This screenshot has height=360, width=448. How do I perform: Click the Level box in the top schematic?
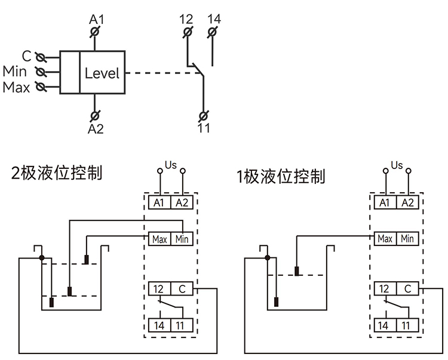102,73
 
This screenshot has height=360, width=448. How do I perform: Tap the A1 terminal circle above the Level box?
94,32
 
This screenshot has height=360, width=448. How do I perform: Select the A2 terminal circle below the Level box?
94,115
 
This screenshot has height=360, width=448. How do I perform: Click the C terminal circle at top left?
41,57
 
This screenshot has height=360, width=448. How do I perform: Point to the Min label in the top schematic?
14,72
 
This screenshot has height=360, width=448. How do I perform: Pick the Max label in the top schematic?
16,88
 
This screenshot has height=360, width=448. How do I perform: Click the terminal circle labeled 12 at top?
187,31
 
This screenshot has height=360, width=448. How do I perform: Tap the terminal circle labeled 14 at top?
213,31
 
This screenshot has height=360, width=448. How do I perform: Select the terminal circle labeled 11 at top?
203,115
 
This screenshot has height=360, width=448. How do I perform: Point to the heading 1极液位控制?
280,176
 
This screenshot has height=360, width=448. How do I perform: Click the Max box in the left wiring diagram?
159,239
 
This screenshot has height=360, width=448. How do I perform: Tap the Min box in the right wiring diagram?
407,239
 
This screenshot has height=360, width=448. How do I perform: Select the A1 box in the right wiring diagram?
385,203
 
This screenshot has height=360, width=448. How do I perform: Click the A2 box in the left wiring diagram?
182,203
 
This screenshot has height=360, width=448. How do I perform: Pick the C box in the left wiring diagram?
182,289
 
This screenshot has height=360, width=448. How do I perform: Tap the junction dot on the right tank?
268,258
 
